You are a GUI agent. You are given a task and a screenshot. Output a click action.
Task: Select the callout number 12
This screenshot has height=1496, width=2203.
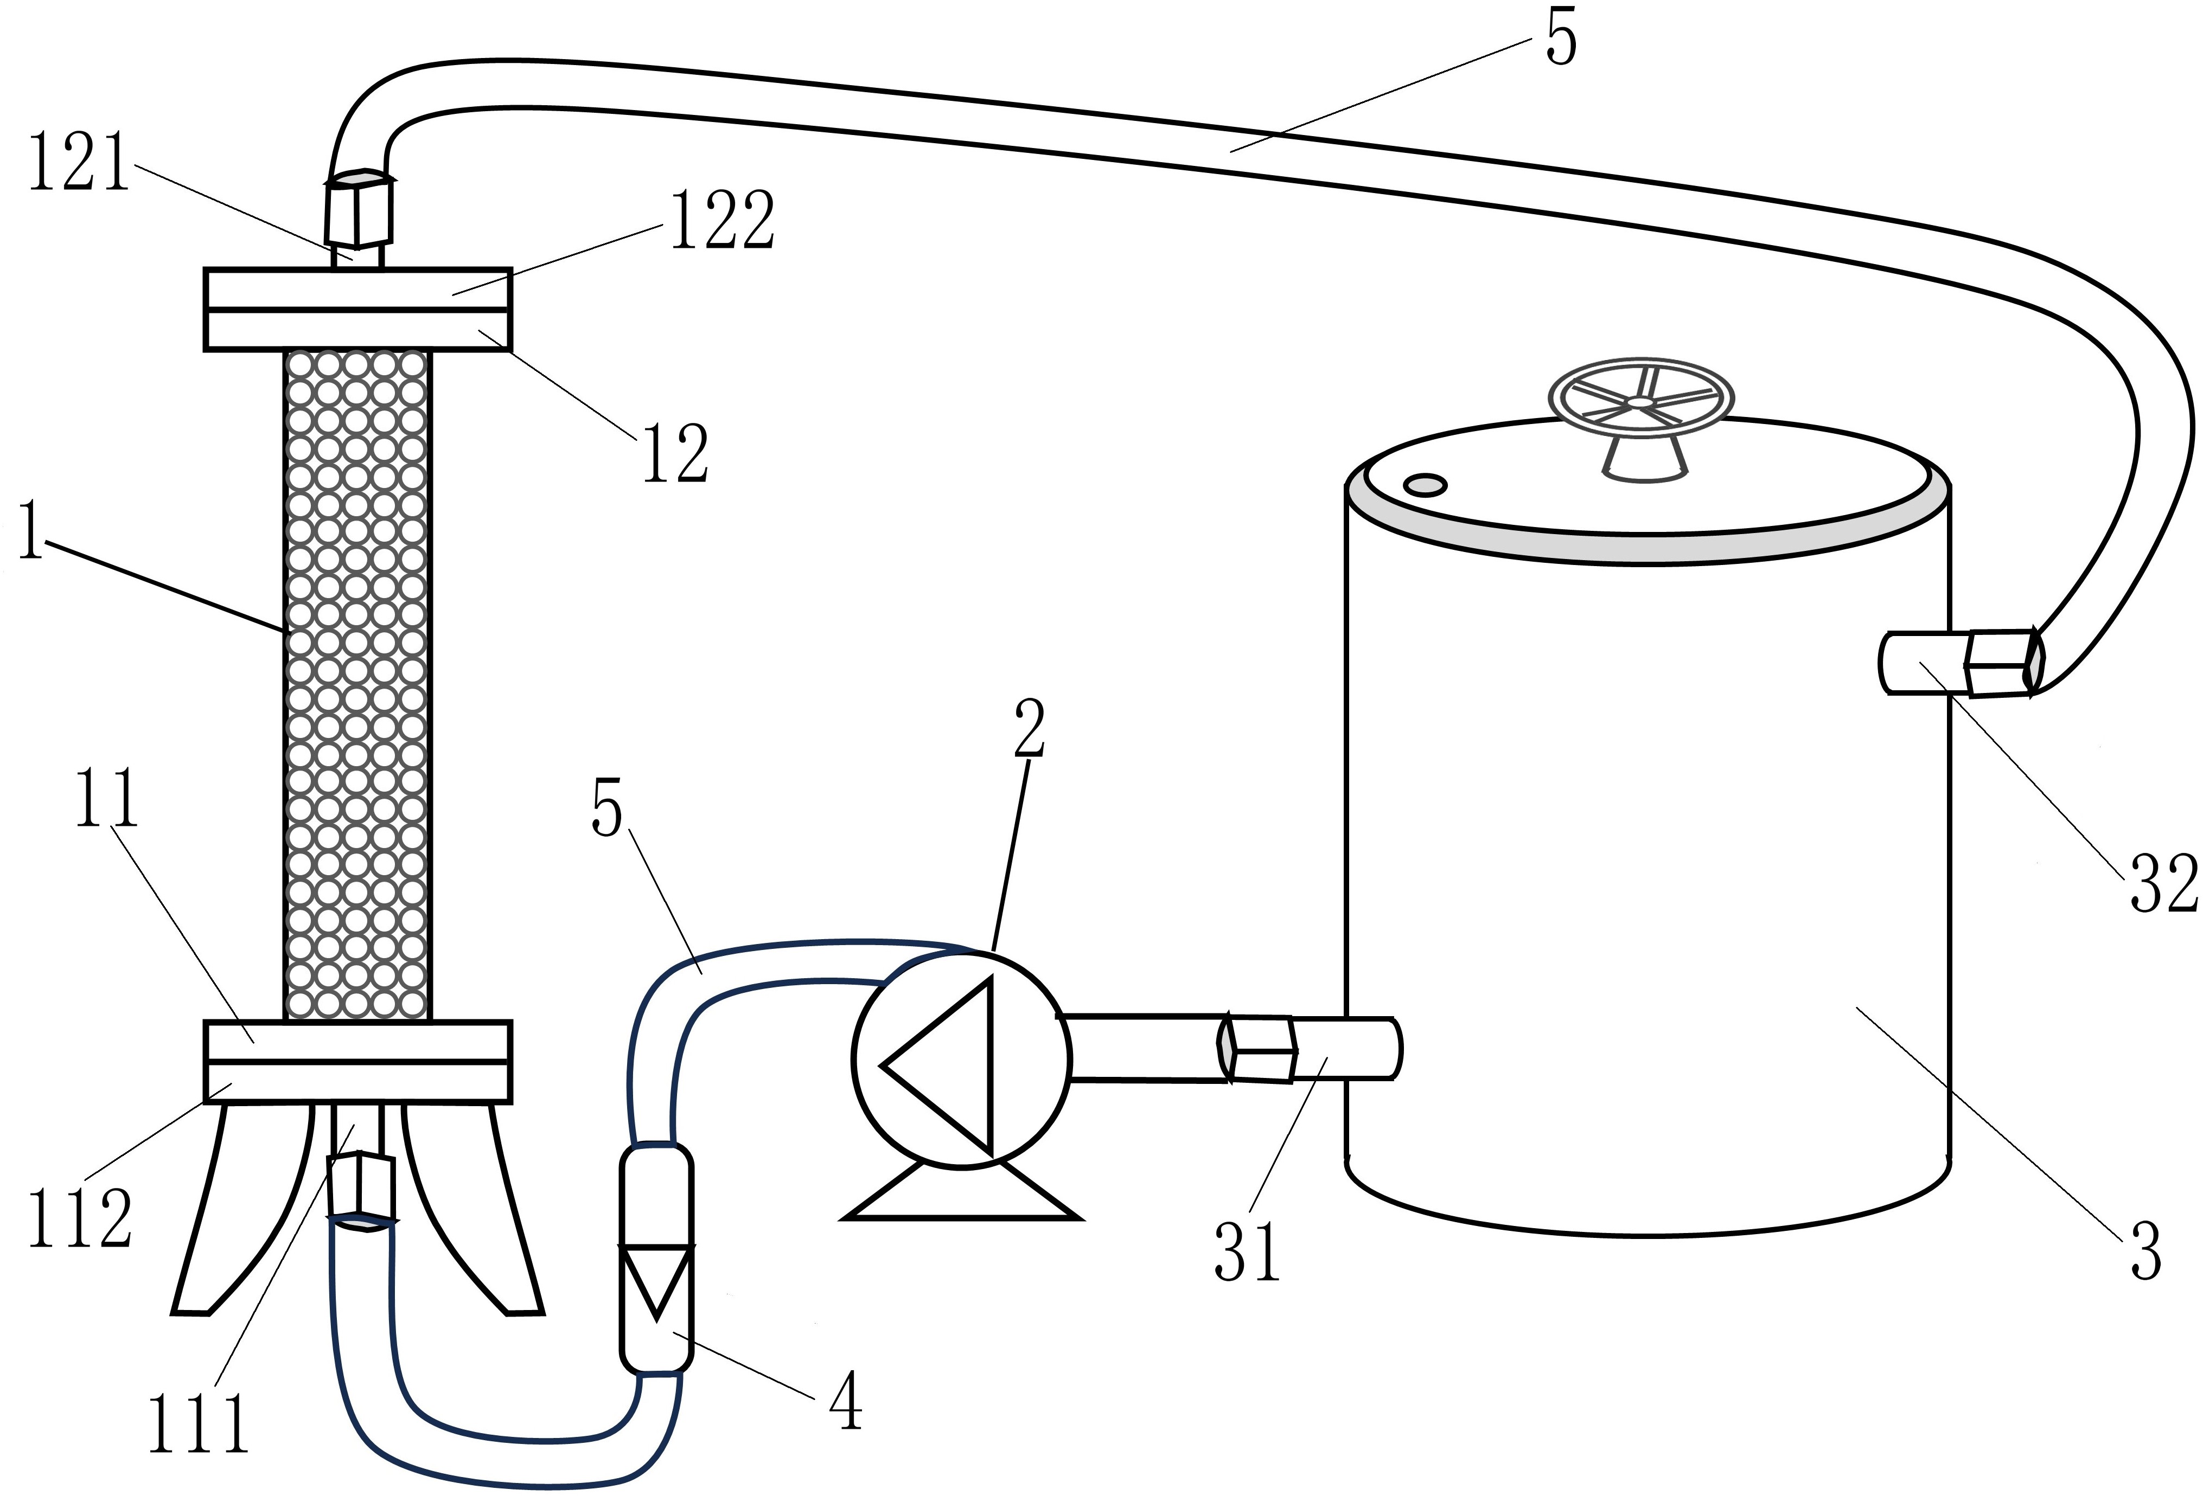pyautogui.click(x=675, y=453)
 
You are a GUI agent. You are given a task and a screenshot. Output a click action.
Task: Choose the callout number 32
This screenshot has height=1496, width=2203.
pyautogui.click(x=2163, y=883)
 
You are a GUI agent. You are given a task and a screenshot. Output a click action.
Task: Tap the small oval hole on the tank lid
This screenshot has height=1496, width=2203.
pyautogui.click(x=1424, y=485)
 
